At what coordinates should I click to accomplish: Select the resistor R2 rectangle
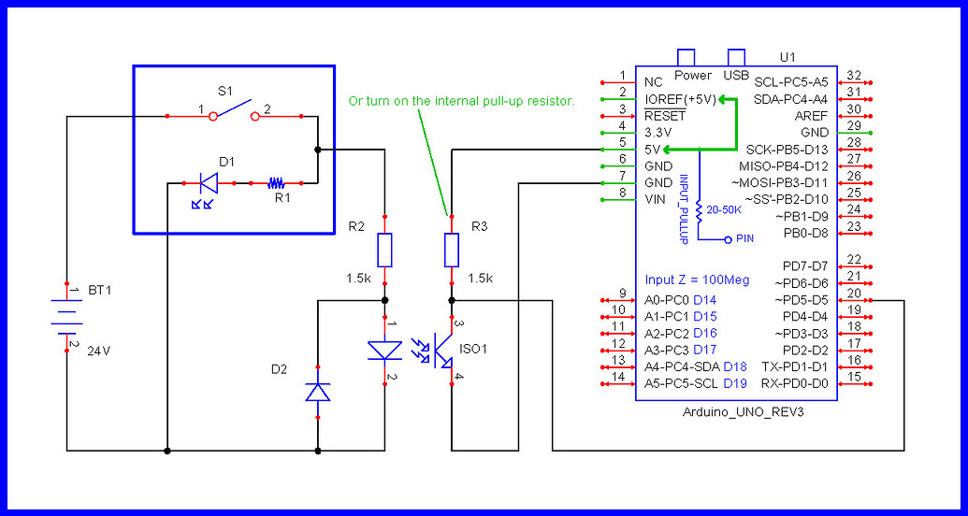[x=385, y=250]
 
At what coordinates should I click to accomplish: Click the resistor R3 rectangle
[x=452, y=250]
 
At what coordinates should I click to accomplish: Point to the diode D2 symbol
[x=318, y=393]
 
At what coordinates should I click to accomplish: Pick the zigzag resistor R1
[x=276, y=183]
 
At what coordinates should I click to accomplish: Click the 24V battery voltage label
[x=100, y=351]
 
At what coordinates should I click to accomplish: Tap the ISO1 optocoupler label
[x=473, y=348]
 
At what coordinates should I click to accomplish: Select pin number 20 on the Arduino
[x=853, y=293]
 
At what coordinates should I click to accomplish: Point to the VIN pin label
[x=655, y=199]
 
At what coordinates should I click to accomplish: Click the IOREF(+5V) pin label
[x=680, y=98]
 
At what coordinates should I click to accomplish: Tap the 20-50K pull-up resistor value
[x=723, y=210]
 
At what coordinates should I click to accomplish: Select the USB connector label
[x=735, y=75]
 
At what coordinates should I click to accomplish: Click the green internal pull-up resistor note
[x=460, y=100]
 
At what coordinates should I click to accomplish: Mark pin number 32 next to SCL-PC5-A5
[x=853, y=75]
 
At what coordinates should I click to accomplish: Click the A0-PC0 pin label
[x=667, y=300]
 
